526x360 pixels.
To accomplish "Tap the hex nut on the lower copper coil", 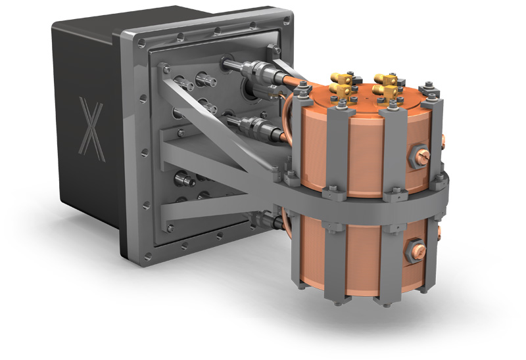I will (417, 249).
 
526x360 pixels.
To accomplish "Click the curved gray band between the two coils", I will (368, 204).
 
